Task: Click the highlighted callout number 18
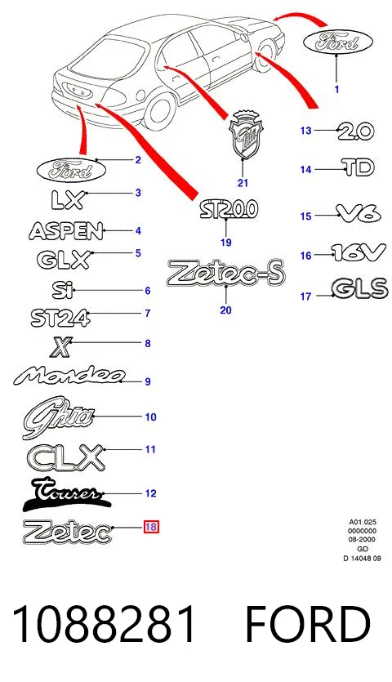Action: coord(151,527)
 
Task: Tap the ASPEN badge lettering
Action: coord(66,231)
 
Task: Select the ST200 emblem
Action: coord(229,210)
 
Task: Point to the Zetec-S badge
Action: coord(225,273)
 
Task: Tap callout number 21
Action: coord(243,183)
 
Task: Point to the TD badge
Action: coord(358,167)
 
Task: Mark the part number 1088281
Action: coord(104,624)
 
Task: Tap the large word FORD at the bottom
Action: coord(308,624)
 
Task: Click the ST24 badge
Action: coord(60,318)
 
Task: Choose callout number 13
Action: coord(306,130)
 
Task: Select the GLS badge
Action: coord(359,288)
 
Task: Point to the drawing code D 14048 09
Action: coord(362,559)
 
